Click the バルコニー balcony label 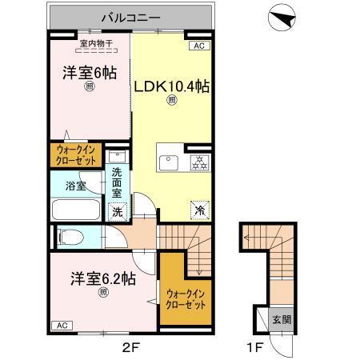tap(132, 16)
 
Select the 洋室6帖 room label tap(89, 73)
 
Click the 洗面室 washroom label tap(117, 183)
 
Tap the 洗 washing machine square tap(118, 213)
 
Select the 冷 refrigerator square tap(198, 210)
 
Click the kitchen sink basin tap(170, 163)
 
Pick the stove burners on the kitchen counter tap(198, 163)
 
